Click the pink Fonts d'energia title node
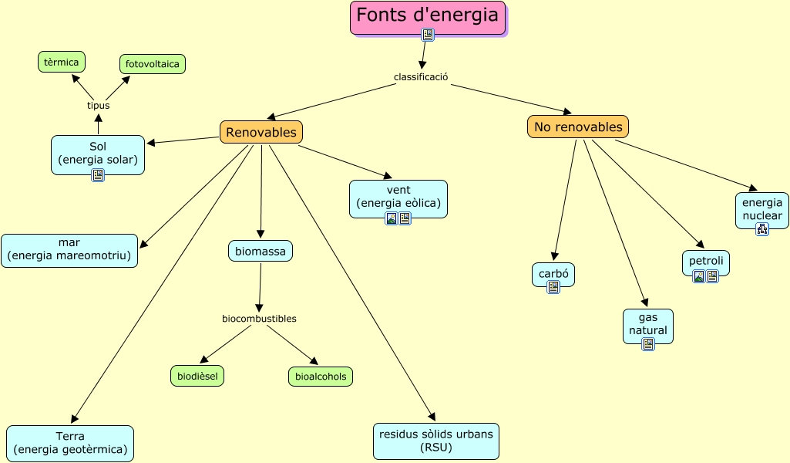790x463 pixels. [x=428, y=15]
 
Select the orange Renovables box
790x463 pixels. [x=261, y=132]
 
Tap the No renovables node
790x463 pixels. [x=578, y=127]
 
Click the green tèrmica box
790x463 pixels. [x=62, y=62]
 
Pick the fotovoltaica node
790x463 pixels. [x=153, y=64]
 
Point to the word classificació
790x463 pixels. [x=421, y=77]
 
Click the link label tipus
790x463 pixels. [x=98, y=106]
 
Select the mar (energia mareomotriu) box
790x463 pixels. [x=69, y=250]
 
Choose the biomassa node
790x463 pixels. [x=261, y=251]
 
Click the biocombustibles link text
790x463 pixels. [x=259, y=319]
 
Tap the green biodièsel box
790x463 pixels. [x=197, y=376]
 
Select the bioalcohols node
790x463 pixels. [x=321, y=376]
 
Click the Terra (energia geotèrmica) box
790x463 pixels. [x=70, y=443]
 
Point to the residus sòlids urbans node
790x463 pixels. [x=435, y=441]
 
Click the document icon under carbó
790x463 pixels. [x=553, y=287]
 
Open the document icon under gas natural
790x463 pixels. [x=648, y=344]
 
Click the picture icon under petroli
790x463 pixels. [x=699, y=276]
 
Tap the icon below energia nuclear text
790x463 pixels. [x=762, y=228]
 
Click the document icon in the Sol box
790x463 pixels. [x=98, y=175]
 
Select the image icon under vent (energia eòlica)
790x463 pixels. [x=392, y=218]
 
